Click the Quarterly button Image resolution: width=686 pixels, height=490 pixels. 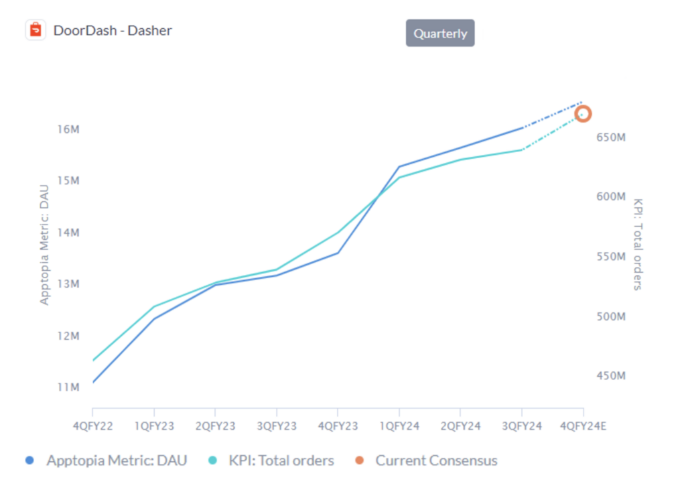click(439, 34)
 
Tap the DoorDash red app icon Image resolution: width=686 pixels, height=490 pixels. click(36, 30)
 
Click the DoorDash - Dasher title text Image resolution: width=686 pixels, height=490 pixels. click(113, 30)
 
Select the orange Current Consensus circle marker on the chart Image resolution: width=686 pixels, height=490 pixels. click(583, 114)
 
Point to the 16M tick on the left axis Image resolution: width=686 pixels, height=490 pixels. click(67, 129)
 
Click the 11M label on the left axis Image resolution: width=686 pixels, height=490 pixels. click(67, 387)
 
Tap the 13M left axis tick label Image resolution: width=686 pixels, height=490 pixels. click(67, 284)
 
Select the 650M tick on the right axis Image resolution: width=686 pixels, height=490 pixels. click(610, 137)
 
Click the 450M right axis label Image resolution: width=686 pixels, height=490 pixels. click(610, 376)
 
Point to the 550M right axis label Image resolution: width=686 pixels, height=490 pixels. click(610, 257)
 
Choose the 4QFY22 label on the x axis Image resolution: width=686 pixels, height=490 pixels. click(92, 426)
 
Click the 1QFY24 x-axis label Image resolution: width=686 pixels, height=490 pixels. click(399, 426)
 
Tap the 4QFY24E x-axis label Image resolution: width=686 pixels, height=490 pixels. click(584, 426)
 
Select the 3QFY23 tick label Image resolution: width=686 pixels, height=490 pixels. click(277, 426)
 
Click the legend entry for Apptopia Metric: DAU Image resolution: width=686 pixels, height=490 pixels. click(107, 461)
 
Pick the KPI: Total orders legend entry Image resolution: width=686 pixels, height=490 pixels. click(271, 461)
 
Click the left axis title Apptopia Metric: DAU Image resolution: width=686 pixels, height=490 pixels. click(45, 245)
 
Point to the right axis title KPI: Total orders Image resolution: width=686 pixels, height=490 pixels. click(637, 244)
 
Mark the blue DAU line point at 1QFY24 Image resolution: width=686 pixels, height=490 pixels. click(399, 167)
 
